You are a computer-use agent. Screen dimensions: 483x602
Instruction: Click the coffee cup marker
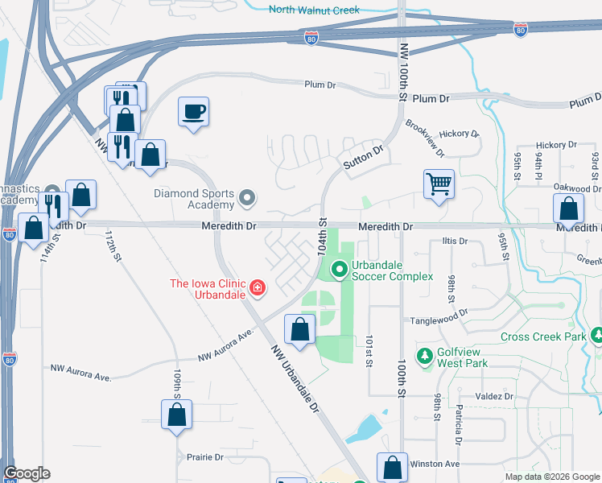(193, 112)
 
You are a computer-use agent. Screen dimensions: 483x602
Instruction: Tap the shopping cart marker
(439, 184)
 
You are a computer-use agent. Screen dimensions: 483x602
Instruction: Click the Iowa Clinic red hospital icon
(257, 287)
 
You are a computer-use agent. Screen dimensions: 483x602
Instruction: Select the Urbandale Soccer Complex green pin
(340, 270)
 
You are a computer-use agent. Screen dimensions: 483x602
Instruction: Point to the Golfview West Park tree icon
(424, 355)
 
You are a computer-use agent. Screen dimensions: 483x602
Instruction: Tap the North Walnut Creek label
(314, 10)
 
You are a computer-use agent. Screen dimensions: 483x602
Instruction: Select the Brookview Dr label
(425, 136)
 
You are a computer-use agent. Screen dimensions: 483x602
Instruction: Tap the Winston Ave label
(435, 464)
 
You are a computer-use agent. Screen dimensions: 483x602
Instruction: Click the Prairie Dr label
(205, 457)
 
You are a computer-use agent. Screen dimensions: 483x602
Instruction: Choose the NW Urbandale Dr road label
(295, 378)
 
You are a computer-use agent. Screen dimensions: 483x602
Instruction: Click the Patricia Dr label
(458, 429)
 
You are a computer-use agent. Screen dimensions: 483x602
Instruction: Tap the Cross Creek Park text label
(544, 336)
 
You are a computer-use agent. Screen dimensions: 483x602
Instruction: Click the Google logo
(27, 473)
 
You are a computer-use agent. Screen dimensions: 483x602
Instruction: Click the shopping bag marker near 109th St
(177, 415)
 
